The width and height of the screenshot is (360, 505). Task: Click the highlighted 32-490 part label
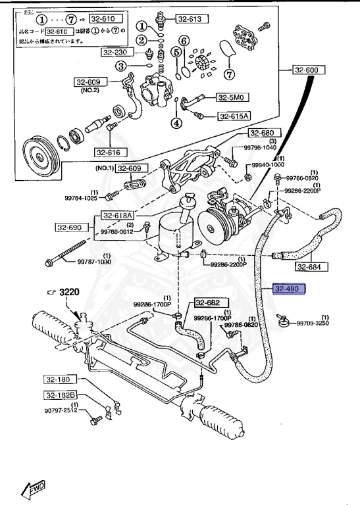[x=287, y=289]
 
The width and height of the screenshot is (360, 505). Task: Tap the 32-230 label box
[x=115, y=52]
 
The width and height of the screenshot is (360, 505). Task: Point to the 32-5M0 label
[x=231, y=98]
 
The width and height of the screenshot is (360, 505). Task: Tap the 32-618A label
[x=117, y=216]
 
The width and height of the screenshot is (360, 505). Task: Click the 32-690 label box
[x=68, y=228]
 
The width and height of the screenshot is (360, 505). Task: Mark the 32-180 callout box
[x=61, y=379]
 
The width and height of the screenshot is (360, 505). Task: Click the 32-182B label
[x=61, y=395]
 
